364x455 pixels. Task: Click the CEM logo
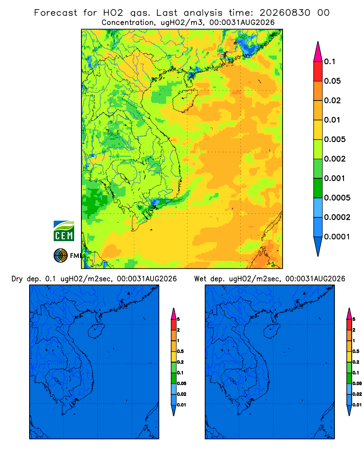tap(64, 231)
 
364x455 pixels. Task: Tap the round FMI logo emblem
tap(61, 256)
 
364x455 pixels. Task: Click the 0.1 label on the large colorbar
tap(329, 61)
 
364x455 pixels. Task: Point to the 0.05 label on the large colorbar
tap(332, 81)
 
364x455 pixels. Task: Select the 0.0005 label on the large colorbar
tap(337, 198)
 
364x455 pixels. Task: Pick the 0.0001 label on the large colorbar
tap(337, 237)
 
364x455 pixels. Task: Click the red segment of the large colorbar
tap(318, 71)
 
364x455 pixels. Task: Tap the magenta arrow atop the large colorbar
tap(318, 52)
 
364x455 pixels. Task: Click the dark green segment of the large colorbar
tap(318, 188)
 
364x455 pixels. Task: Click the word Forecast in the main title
tap(56, 13)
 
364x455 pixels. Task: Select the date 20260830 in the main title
tap(285, 13)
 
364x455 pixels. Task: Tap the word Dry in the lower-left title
tap(17, 279)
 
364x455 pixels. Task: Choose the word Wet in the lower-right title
tap(201, 279)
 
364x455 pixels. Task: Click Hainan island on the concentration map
tap(185, 101)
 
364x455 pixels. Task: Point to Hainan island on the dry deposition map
tap(96, 331)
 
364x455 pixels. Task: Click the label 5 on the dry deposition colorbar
tap(178, 319)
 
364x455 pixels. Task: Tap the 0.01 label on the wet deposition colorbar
tap(357, 405)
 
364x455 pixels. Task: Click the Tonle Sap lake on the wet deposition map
tap(233, 380)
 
